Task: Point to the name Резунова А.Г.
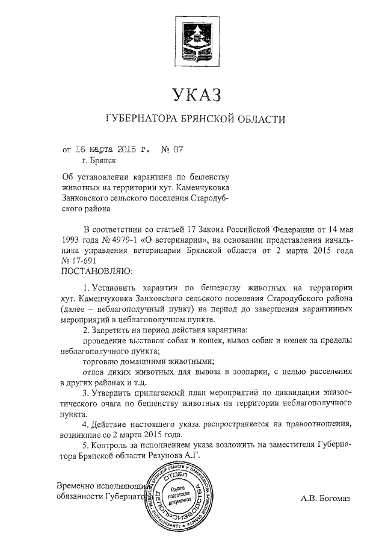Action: [179, 457]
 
